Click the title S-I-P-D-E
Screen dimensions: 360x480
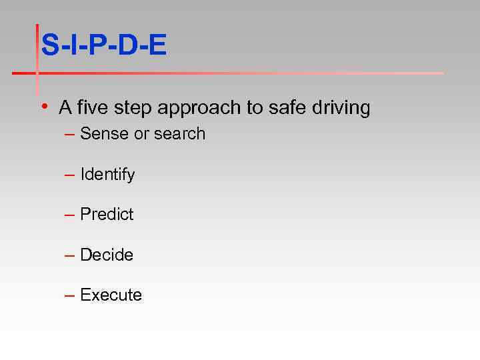[103, 45]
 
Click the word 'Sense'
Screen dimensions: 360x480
[105, 134]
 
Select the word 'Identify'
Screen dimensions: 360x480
[107, 175]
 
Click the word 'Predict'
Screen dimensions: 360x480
[107, 215]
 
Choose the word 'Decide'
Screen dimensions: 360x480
[107, 255]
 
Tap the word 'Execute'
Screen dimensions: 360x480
[111, 295]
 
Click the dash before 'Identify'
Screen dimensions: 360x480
[69, 175]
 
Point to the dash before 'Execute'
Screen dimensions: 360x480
[69, 296]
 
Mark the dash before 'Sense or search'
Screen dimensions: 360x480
[69, 135]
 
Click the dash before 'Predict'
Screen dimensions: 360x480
[69, 215]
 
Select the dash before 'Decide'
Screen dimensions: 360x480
[69, 256]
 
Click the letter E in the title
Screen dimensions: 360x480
[157, 45]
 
